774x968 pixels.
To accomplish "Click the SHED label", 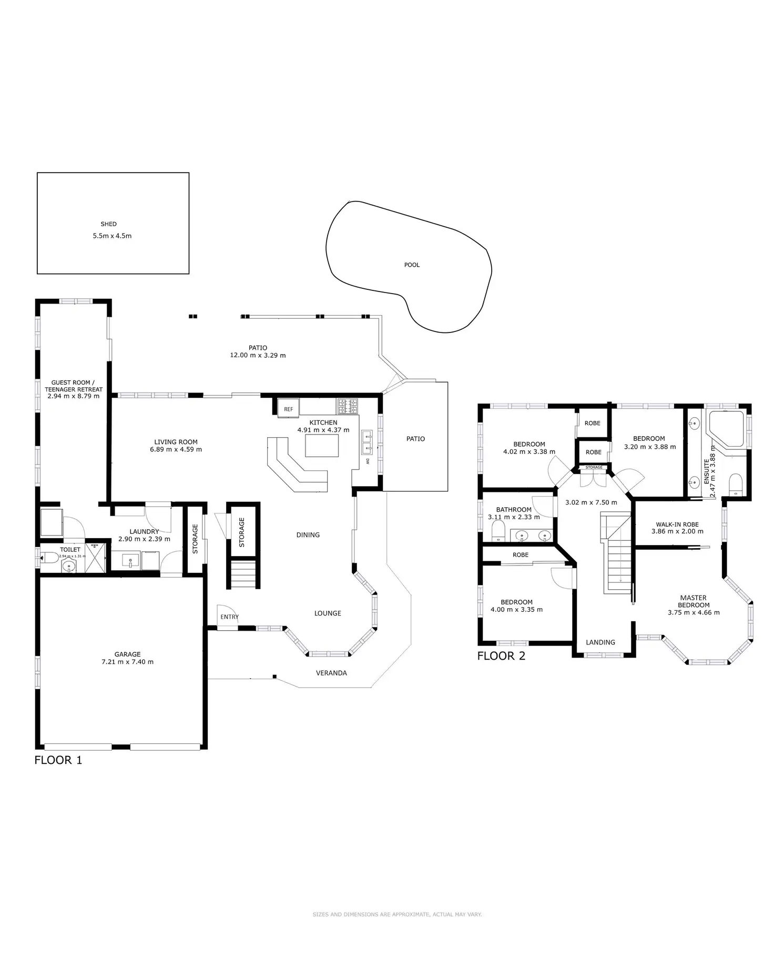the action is (108, 224).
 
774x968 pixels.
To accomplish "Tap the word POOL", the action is (412, 265).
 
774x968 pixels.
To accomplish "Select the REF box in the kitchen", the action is (288, 409).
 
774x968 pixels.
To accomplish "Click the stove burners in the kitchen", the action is (347, 406).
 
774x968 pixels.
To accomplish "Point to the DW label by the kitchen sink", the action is (368, 461).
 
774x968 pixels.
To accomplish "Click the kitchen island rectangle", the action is (322, 446).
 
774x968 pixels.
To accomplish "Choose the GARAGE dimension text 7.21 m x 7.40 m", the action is (127, 662).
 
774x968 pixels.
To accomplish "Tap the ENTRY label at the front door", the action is (229, 617).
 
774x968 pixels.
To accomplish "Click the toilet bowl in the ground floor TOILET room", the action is (50, 557).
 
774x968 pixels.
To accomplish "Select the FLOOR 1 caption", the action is (58, 760).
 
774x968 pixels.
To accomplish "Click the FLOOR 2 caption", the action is (501, 656).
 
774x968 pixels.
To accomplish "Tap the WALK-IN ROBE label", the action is (677, 525).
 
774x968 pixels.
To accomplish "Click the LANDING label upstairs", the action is (600, 642).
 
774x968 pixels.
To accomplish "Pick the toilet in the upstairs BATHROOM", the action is (498, 531).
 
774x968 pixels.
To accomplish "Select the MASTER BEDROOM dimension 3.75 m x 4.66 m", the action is (694, 612).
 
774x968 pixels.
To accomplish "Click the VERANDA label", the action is (331, 673).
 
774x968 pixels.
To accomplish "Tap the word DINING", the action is (308, 535).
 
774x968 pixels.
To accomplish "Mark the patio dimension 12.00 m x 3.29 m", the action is (258, 356).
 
